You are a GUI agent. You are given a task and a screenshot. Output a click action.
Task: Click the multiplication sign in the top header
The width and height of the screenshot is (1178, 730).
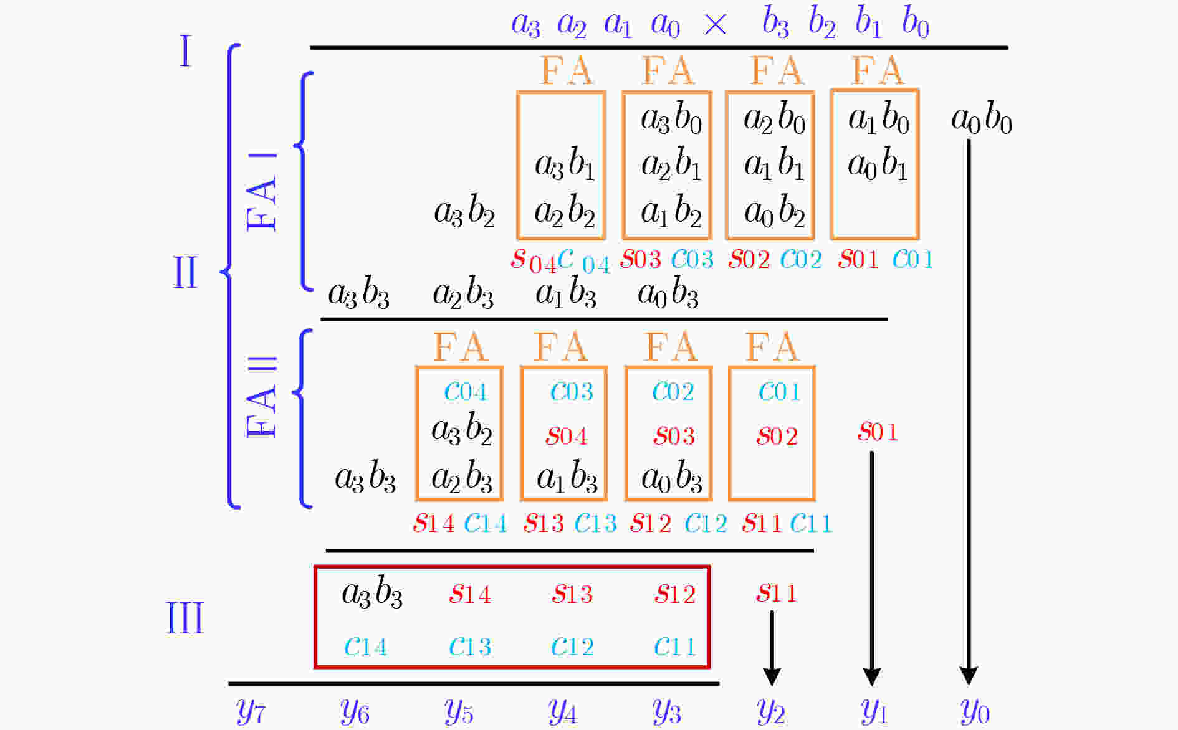tap(715, 25)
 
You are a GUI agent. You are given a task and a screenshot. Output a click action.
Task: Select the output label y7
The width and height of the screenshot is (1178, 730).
tap(251, 711)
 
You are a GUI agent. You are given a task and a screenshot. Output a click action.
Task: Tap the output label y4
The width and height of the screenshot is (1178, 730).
tap(563, 711)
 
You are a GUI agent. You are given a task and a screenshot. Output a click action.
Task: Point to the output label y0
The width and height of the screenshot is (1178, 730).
tap(975, 711)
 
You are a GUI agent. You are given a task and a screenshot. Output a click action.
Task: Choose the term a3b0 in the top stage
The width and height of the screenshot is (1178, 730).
tap(671, 118)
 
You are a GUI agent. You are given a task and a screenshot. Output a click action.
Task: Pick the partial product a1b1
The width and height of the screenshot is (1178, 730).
tap(774, 165)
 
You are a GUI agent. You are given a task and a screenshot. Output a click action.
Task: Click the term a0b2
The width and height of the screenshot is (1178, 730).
tap(774, 212)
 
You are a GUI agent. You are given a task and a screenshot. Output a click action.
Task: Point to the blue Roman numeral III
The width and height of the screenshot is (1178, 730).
tap(185, 619)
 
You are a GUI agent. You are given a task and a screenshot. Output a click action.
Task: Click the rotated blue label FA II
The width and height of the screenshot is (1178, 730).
tap(262, 397)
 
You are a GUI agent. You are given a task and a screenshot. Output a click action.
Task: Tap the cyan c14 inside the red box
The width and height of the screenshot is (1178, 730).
tap(365, 647)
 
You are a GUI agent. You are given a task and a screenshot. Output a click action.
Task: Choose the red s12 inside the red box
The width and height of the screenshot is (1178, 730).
tap(674, 594)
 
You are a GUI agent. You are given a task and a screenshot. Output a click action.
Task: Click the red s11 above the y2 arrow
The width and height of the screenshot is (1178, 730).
tap(776, 593)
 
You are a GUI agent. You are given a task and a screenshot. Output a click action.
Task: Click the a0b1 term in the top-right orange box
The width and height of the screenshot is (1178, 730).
tap(877, 165)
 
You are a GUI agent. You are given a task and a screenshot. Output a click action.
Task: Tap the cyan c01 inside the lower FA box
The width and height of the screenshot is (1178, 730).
tap(779, 391)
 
